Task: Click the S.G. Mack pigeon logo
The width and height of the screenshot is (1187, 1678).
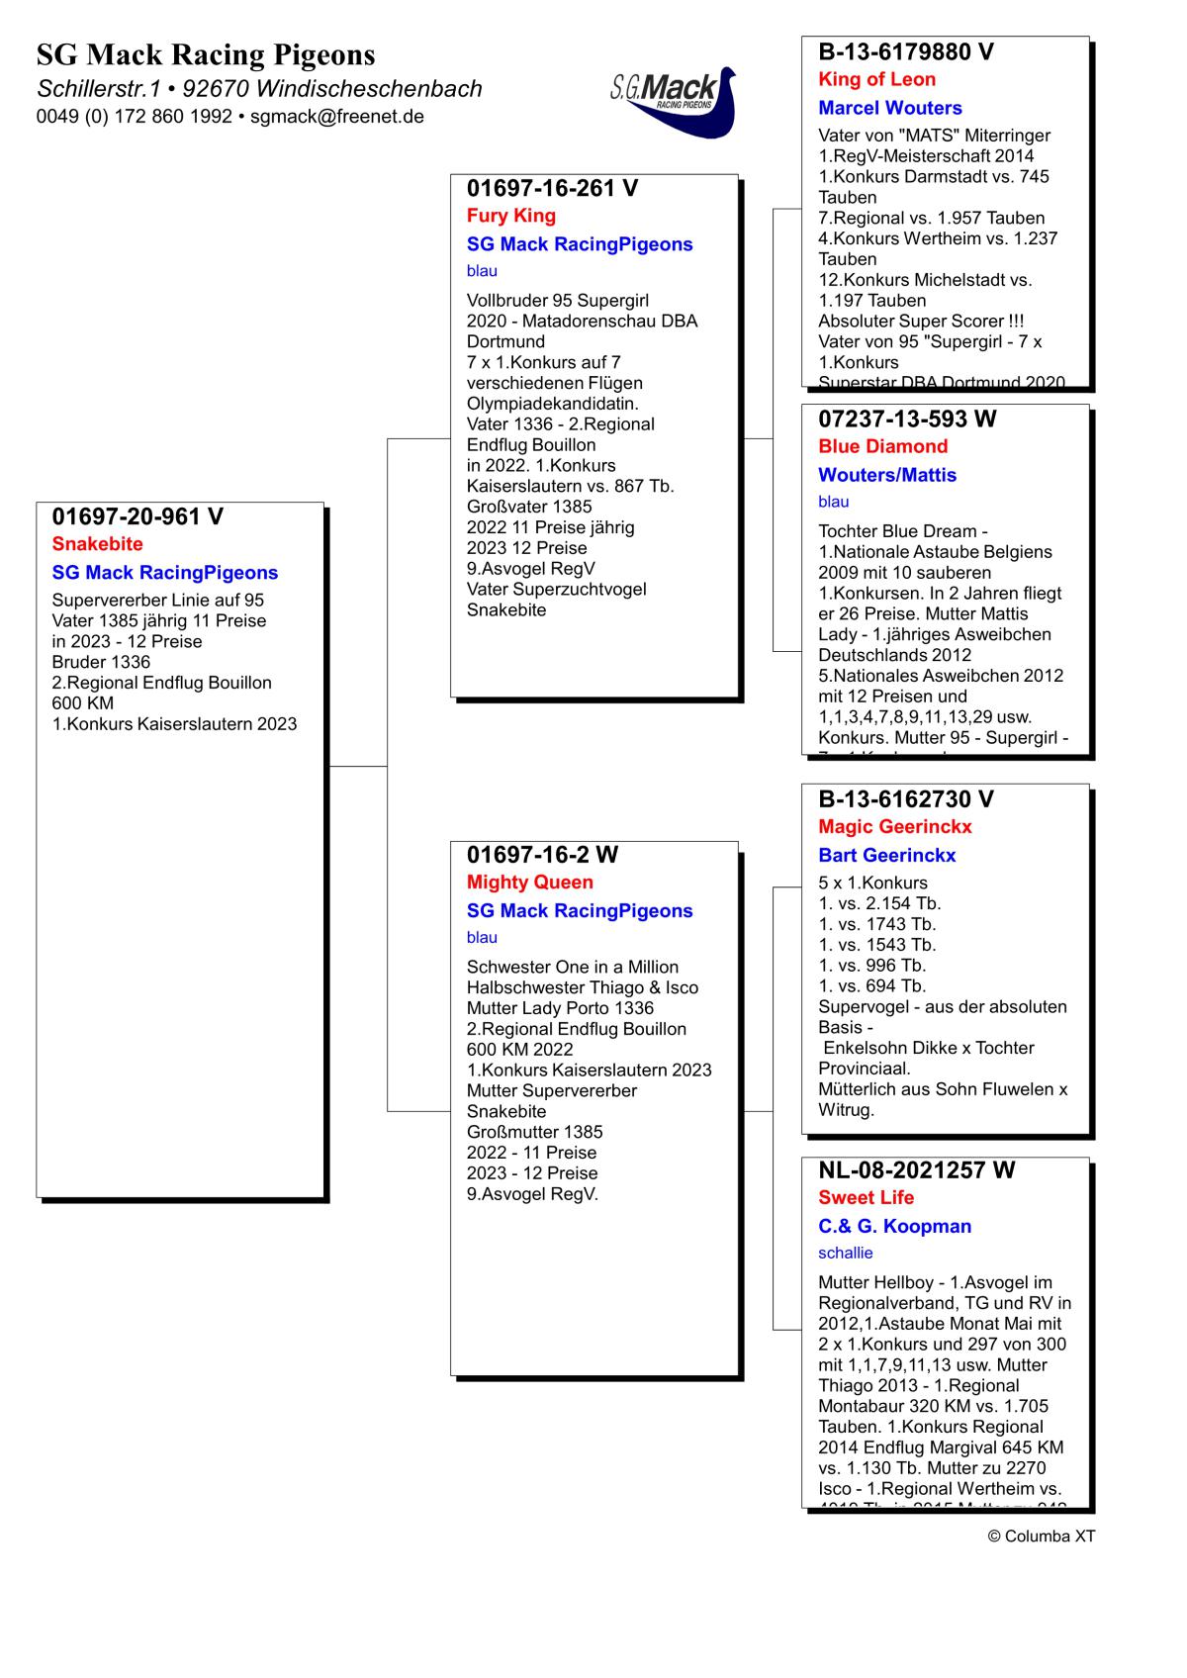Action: coord(674,100)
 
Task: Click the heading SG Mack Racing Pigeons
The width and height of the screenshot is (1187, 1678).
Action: coord(206,54)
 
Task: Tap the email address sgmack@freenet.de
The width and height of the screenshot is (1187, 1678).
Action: coord(336,117)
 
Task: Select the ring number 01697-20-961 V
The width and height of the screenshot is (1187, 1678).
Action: coord(137,516)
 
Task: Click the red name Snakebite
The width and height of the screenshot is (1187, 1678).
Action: coord(97,544)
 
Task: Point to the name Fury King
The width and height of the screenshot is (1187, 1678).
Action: coord(511,216)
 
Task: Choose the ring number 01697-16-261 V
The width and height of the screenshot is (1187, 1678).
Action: coord(552,188)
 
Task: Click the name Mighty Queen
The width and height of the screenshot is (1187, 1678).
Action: coord(530,883)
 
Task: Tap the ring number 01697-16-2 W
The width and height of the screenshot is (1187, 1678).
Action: coord(542,855)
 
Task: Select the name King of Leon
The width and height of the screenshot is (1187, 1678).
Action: coord(876,80)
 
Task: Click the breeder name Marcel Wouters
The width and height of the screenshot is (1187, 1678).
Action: coord(889,108)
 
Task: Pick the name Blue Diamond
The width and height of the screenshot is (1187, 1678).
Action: coord(882,446)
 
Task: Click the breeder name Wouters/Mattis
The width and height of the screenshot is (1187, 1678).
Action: coord(887,475)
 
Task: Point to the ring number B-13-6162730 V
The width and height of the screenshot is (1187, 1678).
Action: coord(906,799)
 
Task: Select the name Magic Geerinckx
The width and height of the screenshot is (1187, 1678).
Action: coord(895,827)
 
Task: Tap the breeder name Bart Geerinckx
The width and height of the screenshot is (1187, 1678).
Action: coord(886,856)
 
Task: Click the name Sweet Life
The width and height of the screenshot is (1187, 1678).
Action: coord(866,1198)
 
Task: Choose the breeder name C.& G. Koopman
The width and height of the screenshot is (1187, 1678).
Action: coord(894,1227)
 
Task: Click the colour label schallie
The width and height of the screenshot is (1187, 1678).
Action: coord(845,1254)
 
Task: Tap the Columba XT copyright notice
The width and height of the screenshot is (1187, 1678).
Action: coord(1041,1537)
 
